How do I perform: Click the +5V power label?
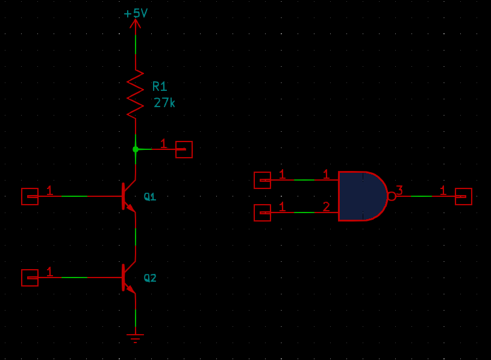click(x=136, y=13)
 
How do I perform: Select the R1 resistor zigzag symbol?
click(x=136, y=94)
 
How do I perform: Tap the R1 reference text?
click(x=160, y=86)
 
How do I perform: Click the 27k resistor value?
click(x=164, y=102)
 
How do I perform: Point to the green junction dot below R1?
click(x=136, y=149)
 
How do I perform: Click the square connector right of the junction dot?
click(x=184, y=149)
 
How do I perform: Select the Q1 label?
click(x=150, y=197)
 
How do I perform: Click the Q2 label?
click(x=150, y=278)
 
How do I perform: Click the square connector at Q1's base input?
click(x=30, y=196)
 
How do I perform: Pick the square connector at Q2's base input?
click(x=30, y=278)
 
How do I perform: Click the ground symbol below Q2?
click(x=136, y=338)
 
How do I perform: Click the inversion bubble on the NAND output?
click(x=392, y=196)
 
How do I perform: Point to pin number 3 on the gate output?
click(x=399, y=190)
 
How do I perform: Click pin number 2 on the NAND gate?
click(x=327, y=206)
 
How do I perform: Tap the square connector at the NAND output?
click(x=463, y=196)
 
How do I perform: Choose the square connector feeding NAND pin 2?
click(x=262, y=213)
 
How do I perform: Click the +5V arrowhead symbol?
click(x=136, y=23)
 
